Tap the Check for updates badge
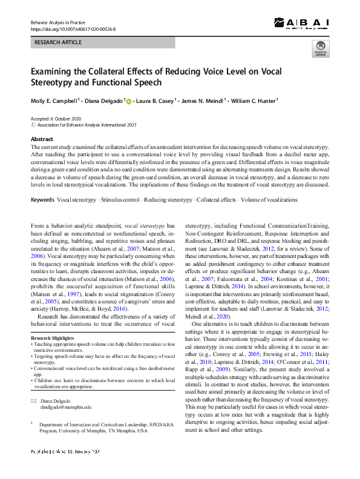pyautogui.click(x=319, y=48)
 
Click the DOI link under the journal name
pyautogui.click(x=73, y=29)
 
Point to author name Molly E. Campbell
pyautogui.click(x=55, y=101)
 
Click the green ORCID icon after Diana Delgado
pyautogui.click(x=129, y=101)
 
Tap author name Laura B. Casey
pyautogui.click(x=155, y=101)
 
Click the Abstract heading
pyautogui.click(x=41, y=139)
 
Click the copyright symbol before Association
pyautogui.click(x=33, y=125)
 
